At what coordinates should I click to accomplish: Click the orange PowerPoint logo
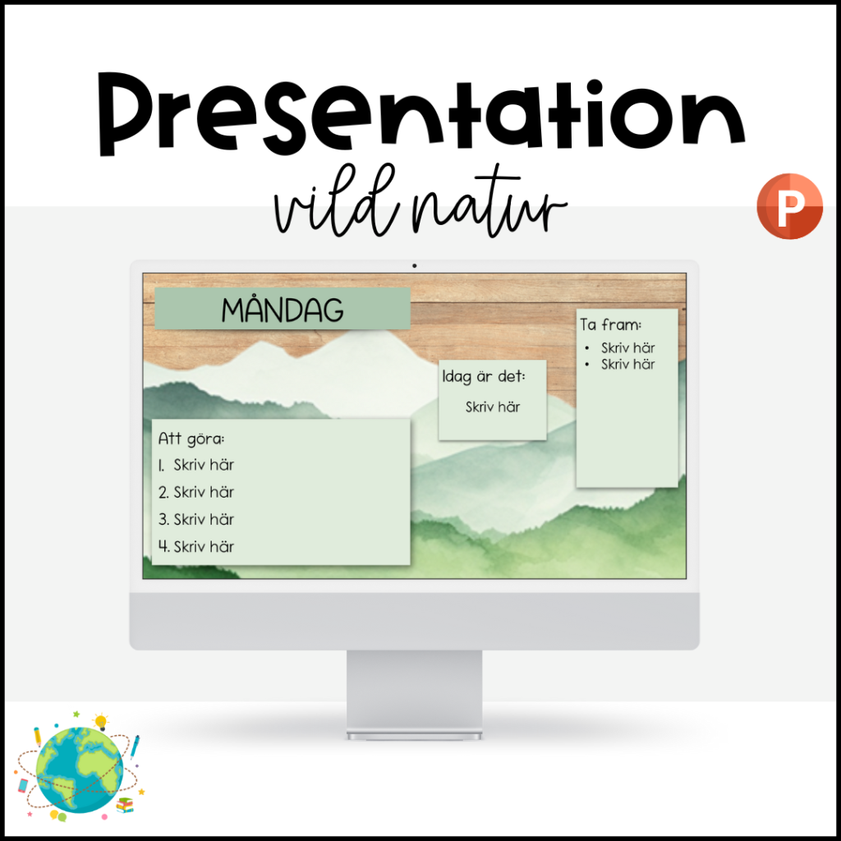(788, 206)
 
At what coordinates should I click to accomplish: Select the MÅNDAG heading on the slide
(282, 310)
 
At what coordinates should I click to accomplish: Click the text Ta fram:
(611, 325)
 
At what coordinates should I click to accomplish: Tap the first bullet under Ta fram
(627, 348)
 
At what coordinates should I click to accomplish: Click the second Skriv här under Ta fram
(627, 365)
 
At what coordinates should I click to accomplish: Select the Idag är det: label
(484, 377)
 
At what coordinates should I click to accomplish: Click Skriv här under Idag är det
(493, 407)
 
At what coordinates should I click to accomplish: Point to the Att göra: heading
(191, 439)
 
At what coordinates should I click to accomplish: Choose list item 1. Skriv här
(196, 465)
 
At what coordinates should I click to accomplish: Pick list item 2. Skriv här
(196, 492)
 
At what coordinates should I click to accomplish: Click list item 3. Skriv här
(196, 519)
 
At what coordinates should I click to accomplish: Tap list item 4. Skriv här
(196, 546)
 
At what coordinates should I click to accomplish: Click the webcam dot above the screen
(415, 265)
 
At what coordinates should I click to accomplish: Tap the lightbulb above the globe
(101, 722)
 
